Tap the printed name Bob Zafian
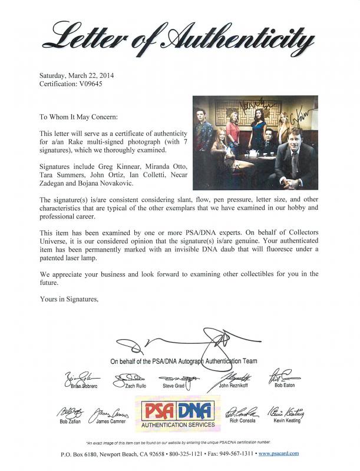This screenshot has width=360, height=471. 70,421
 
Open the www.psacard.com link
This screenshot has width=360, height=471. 278,453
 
